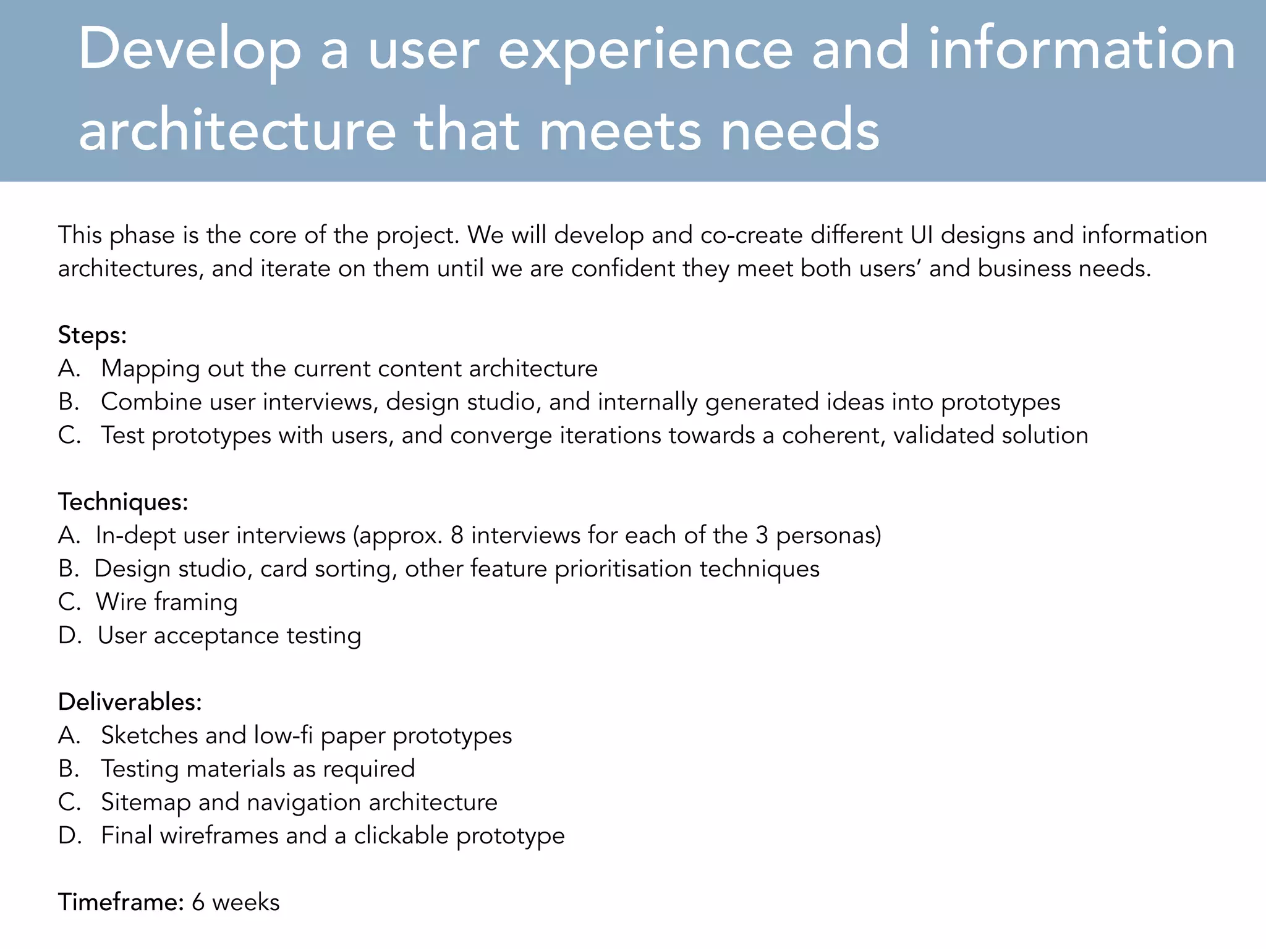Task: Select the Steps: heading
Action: (x=92, y=335)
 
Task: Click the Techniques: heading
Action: (x=123, y=501)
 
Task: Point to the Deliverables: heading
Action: (x=130, y=702)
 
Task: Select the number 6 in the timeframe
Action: (x=198, y=902)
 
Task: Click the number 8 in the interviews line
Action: (x=457, y=535)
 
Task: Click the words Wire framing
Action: (x=166, y=602)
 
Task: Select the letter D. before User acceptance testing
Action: (x=70, y=635)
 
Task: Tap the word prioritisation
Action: (x=623, y=568)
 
